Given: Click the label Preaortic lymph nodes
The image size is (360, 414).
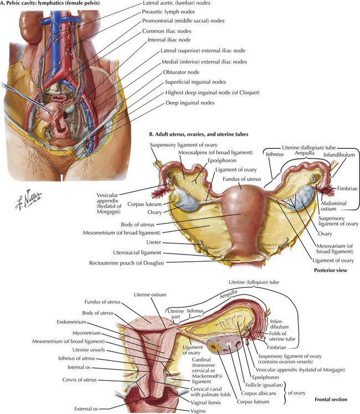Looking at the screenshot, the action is click(x=168, y=12).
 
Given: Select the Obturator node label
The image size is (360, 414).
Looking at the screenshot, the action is click(x=181, y=72).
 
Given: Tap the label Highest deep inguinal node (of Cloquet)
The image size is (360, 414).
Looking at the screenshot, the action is click(x=212, y=92).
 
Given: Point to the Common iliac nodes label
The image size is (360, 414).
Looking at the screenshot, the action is click(x=167, y=31).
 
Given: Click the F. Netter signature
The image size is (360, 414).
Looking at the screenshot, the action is click(x=28, y=199).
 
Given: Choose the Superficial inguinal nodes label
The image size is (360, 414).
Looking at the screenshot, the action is click(x=196, y=82).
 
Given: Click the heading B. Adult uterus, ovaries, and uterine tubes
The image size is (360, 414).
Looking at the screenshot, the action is click(x=199, y=134).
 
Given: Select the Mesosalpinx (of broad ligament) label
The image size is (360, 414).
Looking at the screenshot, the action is click(x=215, y=153).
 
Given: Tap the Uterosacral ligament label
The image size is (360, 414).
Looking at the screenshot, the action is click(x=137, y=253).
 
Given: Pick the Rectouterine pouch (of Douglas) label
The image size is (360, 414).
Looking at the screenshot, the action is click(x=126, y=263).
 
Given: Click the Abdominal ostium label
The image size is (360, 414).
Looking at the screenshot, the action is click(x=333, y=206).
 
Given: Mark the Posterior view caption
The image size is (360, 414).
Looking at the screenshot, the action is click(x=331, y=270).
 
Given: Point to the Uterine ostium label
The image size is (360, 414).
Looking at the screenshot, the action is click(x=150, y=294).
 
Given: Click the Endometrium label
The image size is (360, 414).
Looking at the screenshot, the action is click(x=71, y=322).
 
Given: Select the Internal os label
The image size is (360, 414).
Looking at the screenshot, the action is click(x=79, y=368).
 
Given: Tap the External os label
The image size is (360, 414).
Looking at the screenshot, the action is click(x=86, y=408).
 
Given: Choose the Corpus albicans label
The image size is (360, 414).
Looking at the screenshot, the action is click(x=259, y=394).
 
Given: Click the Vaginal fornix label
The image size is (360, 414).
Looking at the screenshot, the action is click(x=205, y=402).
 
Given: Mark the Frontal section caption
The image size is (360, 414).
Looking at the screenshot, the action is click(x=331, y=400).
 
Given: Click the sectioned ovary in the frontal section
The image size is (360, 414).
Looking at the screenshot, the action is click(x=224, y=345).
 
